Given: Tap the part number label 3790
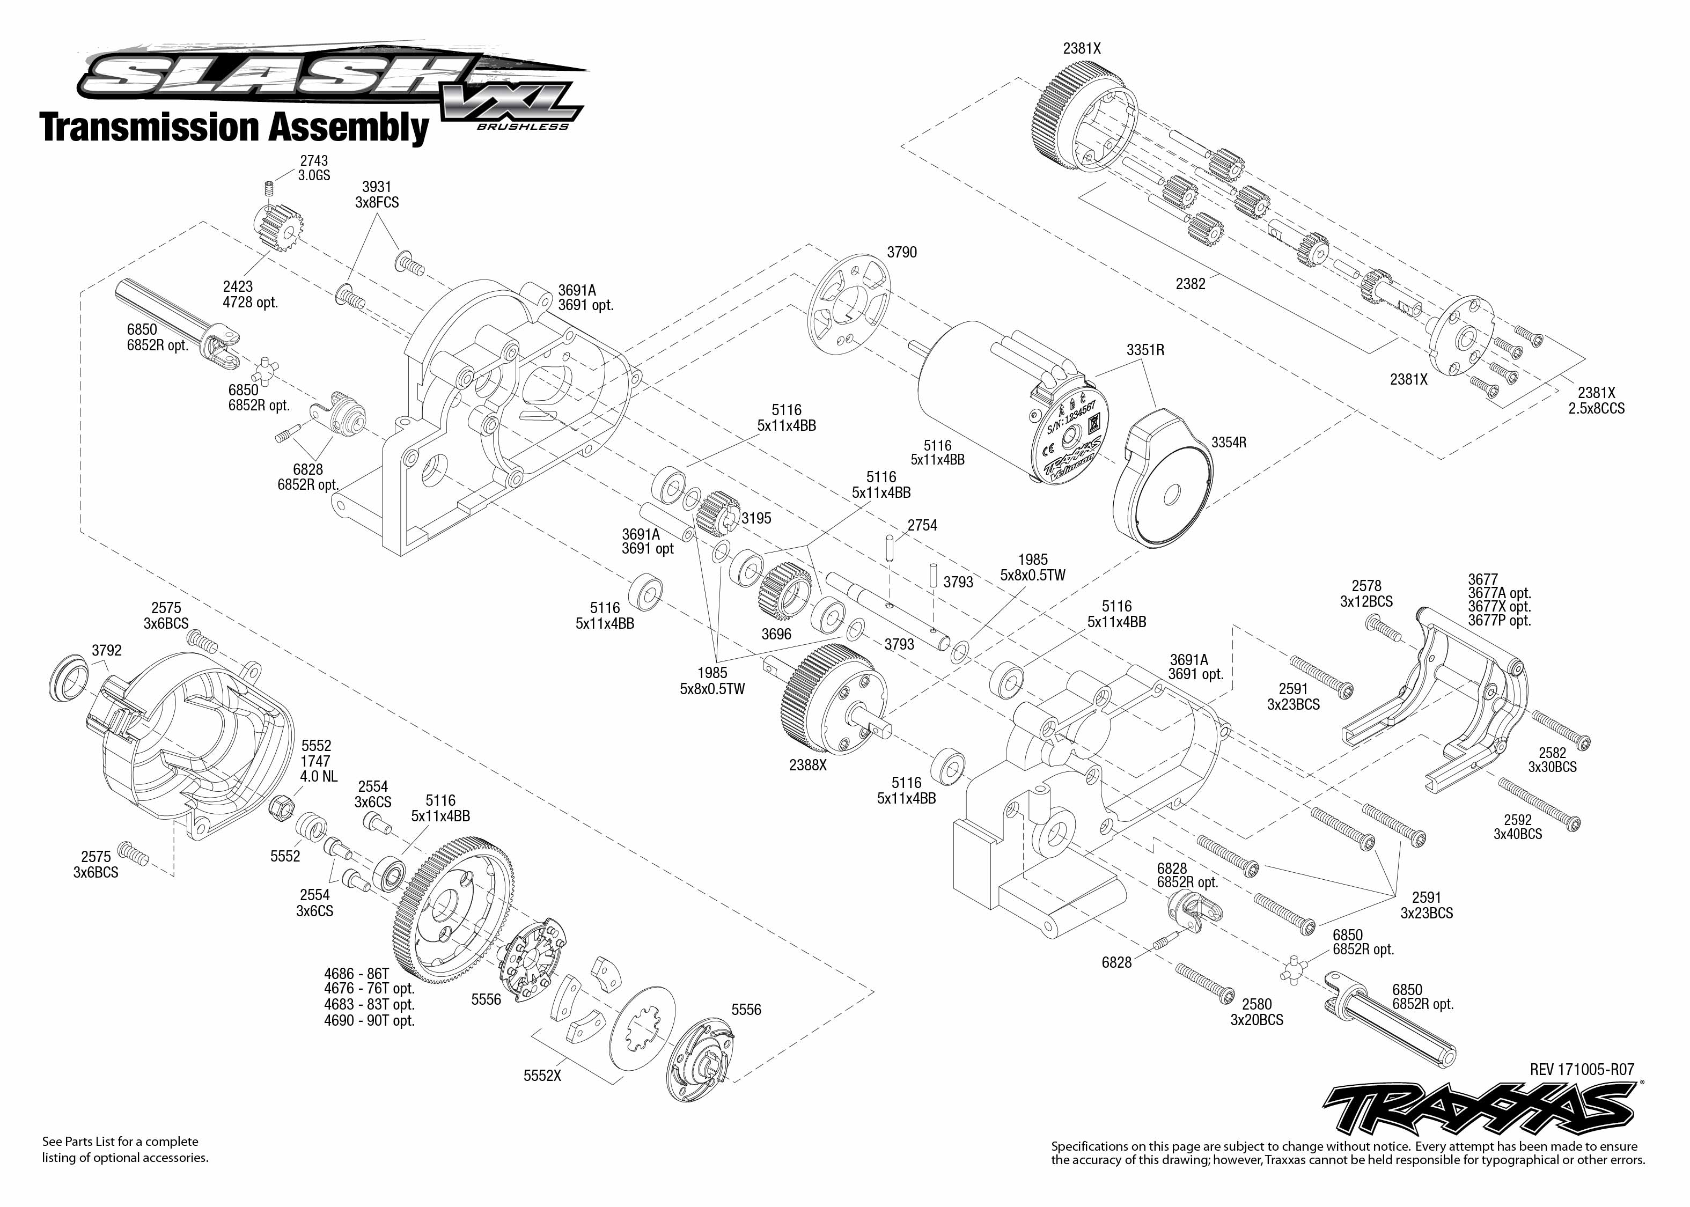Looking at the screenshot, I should (x=901, y=253).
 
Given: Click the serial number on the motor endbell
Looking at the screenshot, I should (x=1071, y=420).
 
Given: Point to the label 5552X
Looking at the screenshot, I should (x=542, y=1076).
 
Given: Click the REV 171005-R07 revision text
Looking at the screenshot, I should (x=1582, y=1070).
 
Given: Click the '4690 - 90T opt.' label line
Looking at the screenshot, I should (x=369, y=1020).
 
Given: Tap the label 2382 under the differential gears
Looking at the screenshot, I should (x=1190, y=284).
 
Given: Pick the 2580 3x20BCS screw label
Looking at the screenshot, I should (x=1256, y=1012).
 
